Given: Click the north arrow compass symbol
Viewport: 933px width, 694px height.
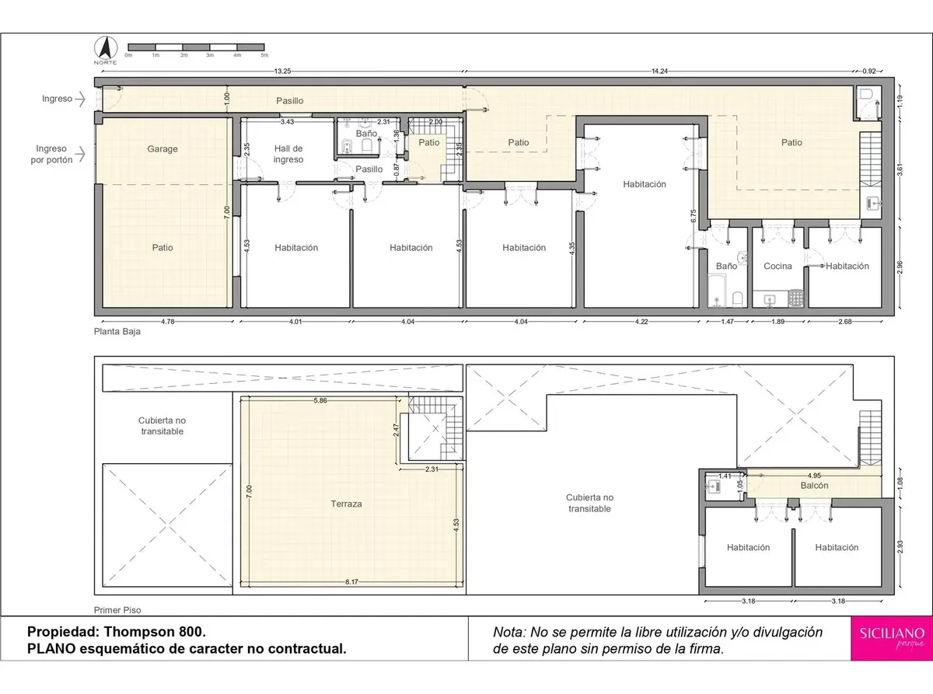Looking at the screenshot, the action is click(x=106, y=47).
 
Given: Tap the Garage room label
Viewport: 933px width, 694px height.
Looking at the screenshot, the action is click(x=162, y=148).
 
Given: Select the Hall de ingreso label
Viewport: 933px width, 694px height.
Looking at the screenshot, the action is click(x=288, y=154).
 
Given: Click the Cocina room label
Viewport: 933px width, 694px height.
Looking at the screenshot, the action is click(x=777, y=266).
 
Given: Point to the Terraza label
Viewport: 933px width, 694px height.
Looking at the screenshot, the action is click(x=346, y=504).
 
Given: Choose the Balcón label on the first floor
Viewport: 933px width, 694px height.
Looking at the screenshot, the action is click(x=814, y=486).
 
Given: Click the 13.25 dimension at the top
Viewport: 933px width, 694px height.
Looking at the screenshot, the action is click(x=282, y=71).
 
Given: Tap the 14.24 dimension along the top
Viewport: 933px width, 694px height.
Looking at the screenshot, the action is click(x=659, y=71).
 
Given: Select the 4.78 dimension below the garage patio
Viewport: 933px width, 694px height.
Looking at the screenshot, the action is click(x=167, y=321).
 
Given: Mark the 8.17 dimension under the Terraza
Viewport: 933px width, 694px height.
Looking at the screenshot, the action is click(x=351, y=582).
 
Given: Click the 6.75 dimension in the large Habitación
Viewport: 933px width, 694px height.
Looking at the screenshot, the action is click(x=694, y=216).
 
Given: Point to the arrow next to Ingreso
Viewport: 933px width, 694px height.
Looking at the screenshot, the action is click(x=80, y=99).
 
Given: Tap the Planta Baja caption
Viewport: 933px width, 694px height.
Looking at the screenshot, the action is click(x=117, y=331).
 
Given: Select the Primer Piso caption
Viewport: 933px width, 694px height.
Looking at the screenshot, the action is click(x=117, y=610).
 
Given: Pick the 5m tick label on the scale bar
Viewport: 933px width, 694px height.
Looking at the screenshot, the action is click(x=264, y=55).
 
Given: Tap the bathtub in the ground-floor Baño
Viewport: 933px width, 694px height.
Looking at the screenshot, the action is click(x=717, y=290).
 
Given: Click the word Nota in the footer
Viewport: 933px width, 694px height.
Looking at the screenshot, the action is click(x=508, y=632).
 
